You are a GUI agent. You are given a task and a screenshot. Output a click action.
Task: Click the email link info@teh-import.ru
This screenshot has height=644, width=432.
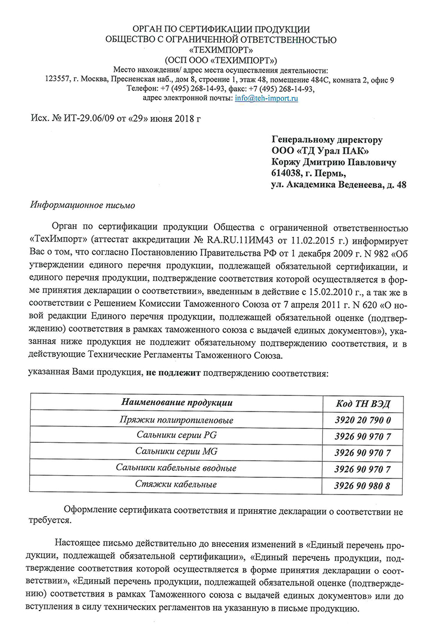tap(267, 98)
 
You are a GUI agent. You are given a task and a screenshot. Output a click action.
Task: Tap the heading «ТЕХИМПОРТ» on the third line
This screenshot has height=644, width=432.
tap(221, 50)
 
